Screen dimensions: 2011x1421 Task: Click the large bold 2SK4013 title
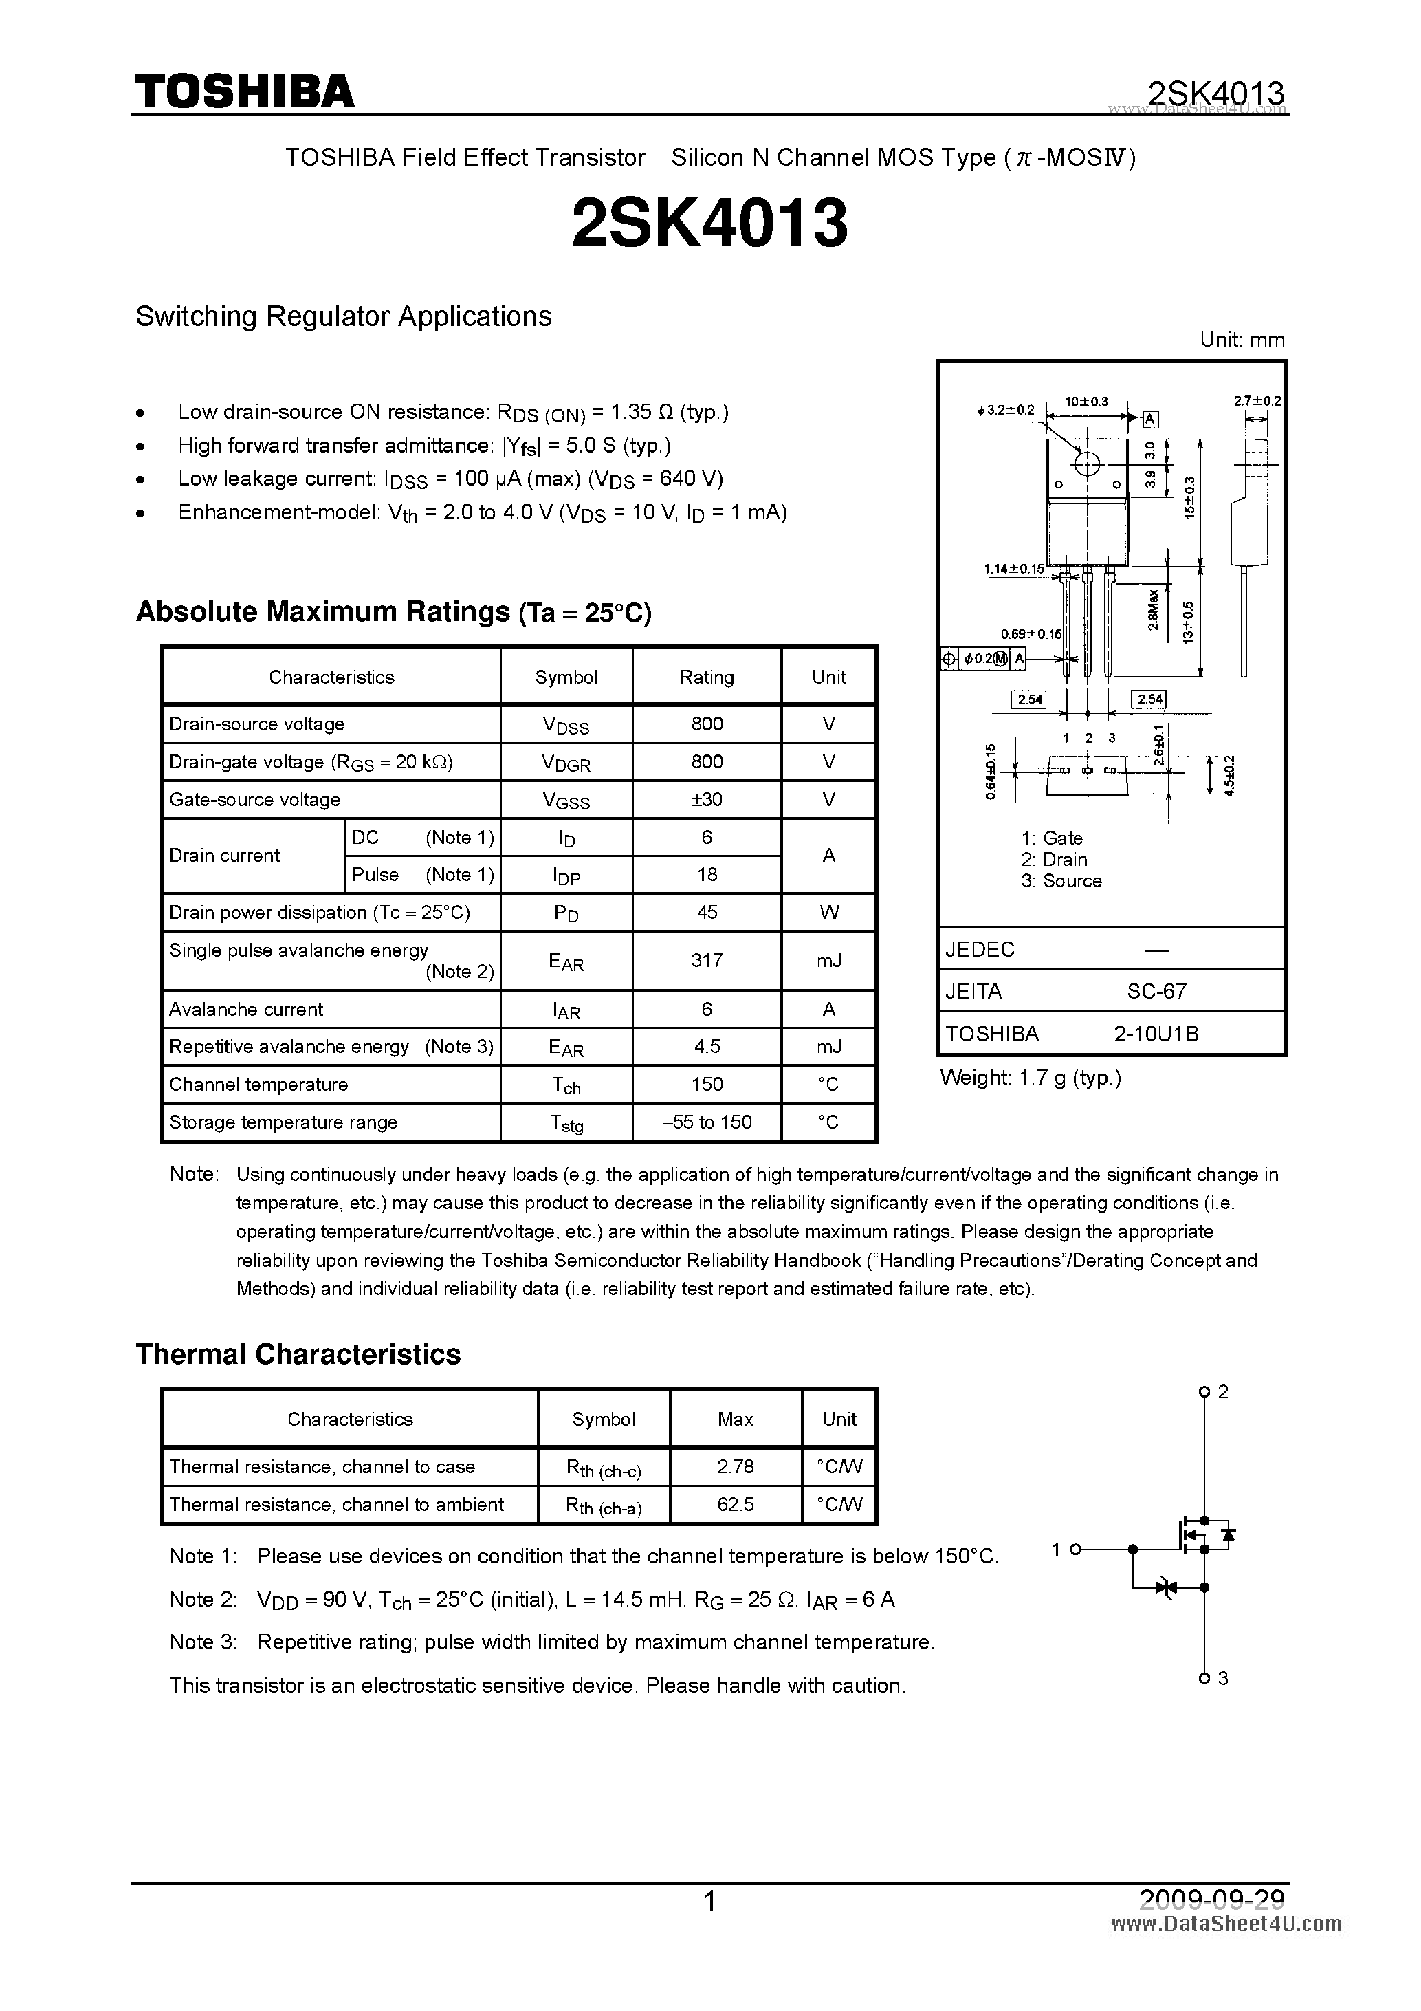pos(709,224)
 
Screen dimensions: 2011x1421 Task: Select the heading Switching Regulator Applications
pos(343,316)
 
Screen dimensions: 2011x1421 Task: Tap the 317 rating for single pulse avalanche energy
pos(707,960)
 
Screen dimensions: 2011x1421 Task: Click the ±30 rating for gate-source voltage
pos(707,798)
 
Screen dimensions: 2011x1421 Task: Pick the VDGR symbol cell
pos(566,762)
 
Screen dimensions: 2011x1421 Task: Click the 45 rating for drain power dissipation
pos(707,912)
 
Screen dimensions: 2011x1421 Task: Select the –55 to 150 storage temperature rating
pos(707,1122)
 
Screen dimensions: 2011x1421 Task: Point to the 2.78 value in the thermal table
pos(735,1466)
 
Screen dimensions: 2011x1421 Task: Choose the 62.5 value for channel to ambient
pos(735,1504)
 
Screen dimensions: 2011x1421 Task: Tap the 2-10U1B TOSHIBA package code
pos(1156,1034)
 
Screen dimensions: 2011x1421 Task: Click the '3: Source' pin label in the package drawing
pos(1061,881)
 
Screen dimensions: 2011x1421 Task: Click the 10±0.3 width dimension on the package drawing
pos(1086,402)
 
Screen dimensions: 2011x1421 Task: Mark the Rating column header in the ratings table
pos(707,677)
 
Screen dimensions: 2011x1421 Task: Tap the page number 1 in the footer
pos(710,1902)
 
